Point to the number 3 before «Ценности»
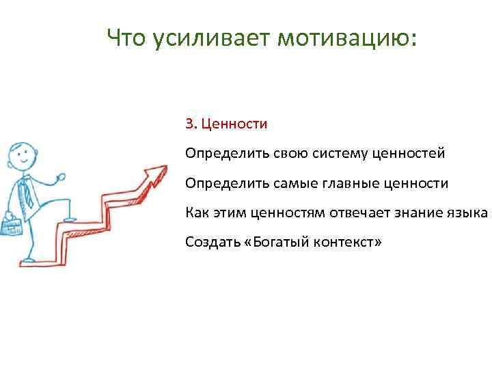tap(189, 124)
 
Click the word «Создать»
tap(209, 242)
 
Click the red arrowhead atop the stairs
tap(158, 172)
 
